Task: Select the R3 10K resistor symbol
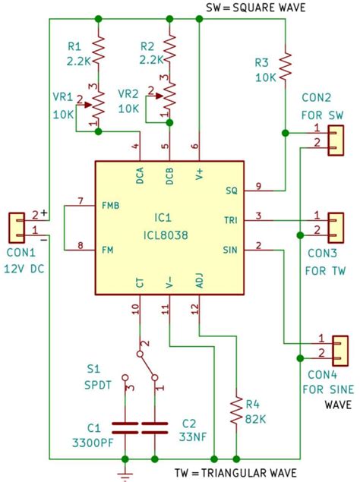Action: pyautogui.click(x=285, y=66)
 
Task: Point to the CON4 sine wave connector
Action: pyautogui.click(x=340, y=346)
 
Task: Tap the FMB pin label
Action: pyautogui.click(x=111, y=205)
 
